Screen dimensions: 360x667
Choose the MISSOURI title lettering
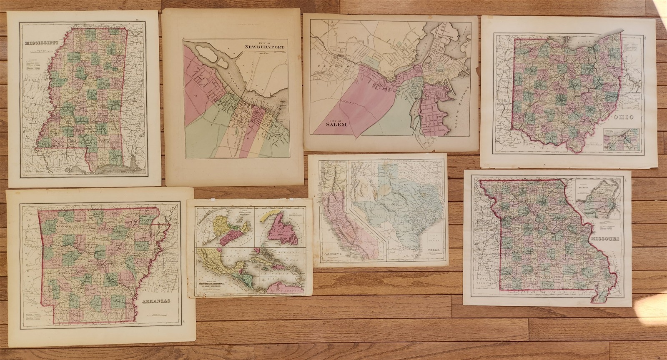click(x=604, y=239)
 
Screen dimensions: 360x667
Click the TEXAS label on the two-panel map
click(x=434, y=251)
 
